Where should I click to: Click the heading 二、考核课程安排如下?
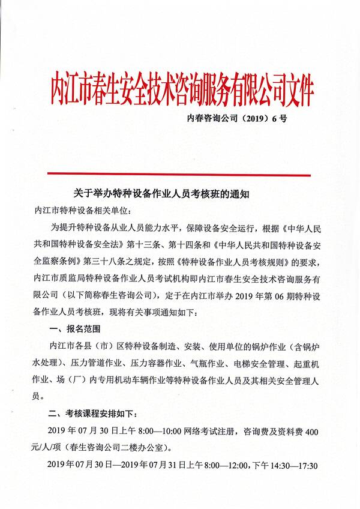click(93, 414)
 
